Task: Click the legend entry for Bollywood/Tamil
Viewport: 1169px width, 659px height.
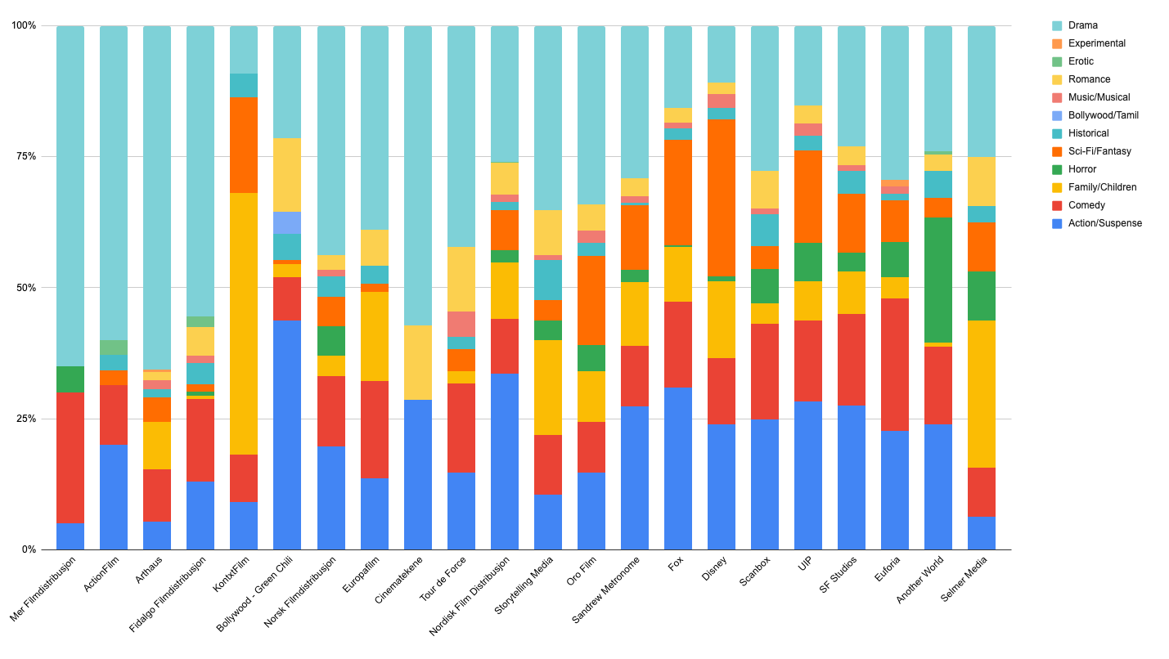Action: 1103,115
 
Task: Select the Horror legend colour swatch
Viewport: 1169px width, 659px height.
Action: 1057,169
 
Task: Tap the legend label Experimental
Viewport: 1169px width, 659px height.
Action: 1096,43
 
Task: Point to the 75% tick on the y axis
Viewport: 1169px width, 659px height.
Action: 25,156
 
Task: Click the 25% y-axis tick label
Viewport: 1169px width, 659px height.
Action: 25,419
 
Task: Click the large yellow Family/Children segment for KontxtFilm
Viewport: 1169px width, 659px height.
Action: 244,323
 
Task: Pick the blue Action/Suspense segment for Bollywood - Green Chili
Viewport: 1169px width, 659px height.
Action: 287,434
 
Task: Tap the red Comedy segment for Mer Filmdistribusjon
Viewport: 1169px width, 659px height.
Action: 70,457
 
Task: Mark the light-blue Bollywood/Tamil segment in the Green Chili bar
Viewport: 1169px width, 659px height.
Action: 287,222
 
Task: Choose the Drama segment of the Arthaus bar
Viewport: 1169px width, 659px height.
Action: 157,196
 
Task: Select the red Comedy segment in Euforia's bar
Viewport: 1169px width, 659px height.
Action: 895,364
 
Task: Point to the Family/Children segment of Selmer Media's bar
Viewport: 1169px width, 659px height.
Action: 982,393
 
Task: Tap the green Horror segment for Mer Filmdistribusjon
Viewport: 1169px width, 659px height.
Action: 70,379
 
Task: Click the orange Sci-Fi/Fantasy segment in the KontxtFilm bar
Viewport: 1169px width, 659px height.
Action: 244,145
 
